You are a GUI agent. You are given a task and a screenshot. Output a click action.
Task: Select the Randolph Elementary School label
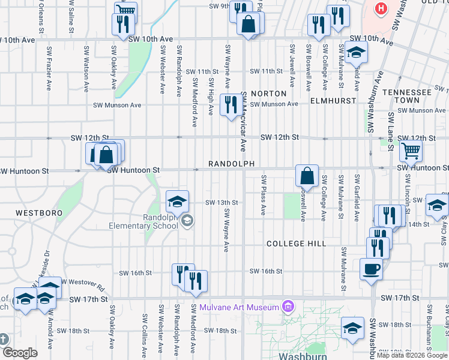[x=143, y=221]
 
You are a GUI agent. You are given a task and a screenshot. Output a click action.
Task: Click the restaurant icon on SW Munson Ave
[x=231, y=104]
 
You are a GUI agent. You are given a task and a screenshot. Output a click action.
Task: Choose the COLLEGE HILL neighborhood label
[x=296, y=244]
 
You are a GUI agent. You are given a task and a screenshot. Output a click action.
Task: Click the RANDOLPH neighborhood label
[x=232, y=164]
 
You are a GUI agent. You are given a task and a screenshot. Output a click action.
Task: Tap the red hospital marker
[x=381, y=9]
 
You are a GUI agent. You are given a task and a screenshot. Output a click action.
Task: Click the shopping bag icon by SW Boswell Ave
[x=307, y=175]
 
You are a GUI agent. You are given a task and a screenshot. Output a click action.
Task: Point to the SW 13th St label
[x=222, y=203]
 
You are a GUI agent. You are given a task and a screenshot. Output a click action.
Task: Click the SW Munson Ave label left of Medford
[x=117, y=104]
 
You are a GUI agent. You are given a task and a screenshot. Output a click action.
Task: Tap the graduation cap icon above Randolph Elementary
[x=177, y=201]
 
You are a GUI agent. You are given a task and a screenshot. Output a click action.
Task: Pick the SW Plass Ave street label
[x=263, y=196]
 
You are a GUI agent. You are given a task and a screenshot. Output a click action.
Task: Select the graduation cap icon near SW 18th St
[x=352, y=327]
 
